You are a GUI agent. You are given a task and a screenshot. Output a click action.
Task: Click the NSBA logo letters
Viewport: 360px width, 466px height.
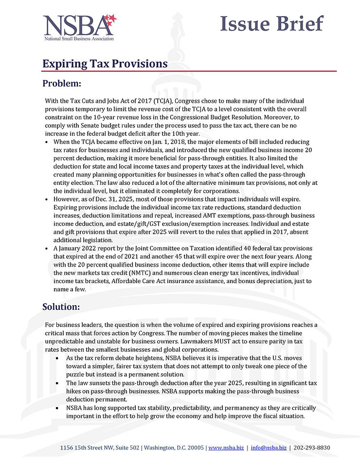pos(73,25)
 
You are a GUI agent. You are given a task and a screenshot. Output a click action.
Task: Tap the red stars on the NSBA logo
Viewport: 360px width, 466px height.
pos(110,19)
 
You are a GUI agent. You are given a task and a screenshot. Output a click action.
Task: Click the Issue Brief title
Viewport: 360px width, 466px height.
pos(271,23)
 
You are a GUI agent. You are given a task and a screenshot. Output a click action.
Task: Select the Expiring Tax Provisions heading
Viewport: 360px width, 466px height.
pos(105,64)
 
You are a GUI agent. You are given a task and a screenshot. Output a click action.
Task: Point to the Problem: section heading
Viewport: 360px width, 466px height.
pos(62,84)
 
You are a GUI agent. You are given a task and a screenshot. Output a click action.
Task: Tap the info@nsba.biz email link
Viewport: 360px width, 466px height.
pos(269,447)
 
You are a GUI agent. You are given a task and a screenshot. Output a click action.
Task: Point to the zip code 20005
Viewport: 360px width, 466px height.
pos(195,447)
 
